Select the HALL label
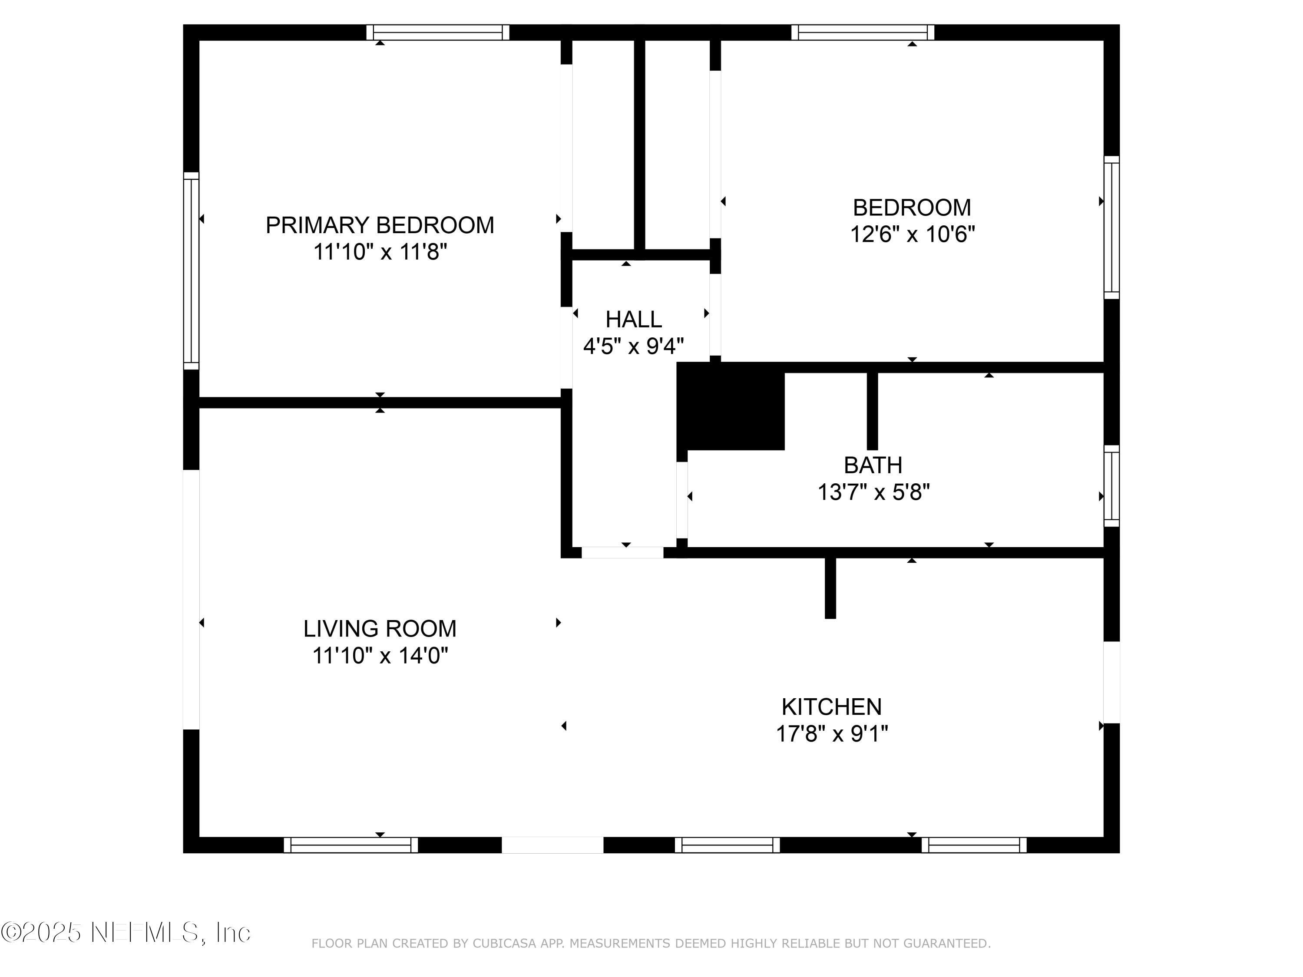(633, 320)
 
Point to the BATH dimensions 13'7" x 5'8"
(873, 492)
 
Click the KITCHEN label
(831, 706)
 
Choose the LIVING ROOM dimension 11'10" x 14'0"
(380, 655)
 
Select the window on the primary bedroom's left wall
(191, 271)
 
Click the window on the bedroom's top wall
(863, 33)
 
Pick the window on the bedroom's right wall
(1111, 228)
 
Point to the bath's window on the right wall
(1111, 486)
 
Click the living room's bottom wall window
(351, 845)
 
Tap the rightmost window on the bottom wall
(974, 845)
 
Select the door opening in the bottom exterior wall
(552, 845)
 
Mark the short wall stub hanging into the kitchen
(830, 587)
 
